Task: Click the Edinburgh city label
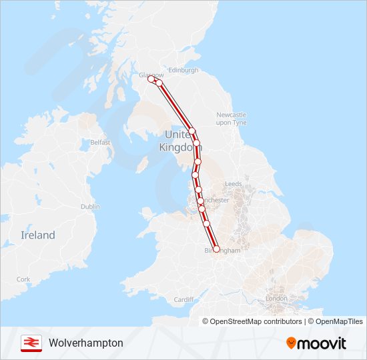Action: pyautogui.click(x=183, y=70)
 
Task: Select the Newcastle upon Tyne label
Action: pyautogui.click(x=231, y=119)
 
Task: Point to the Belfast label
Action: pyautogui.click(x=100, y=142)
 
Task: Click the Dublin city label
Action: pyautogui.click(x=90, y=207)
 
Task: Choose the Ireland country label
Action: pyautogui.click(x=38, y=235)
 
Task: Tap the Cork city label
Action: pyautogui.click(x=23, y=279)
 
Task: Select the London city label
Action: pyautogui.click(x=276, y=299)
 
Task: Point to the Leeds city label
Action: pyautogui.click(x=234, y=183)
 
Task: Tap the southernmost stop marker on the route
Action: pyautogui.click(x=216, y=249)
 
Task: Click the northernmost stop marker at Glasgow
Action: pyautogui.click(x=151, y=79)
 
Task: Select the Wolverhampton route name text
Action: pyautogui.click(x=86, y=343)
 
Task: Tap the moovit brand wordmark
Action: pyautogui.click(x=323, y=343)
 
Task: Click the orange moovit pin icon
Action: pyautogui.click(x=292, y=343)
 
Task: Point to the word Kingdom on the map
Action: pyautogui.click(x=175, y=147)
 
